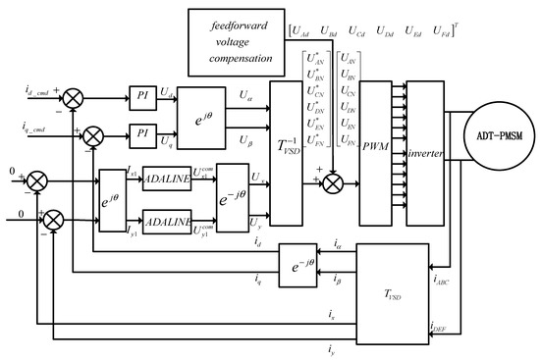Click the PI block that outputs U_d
(x=143, y=92)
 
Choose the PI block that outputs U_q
(x=143, y=129)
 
